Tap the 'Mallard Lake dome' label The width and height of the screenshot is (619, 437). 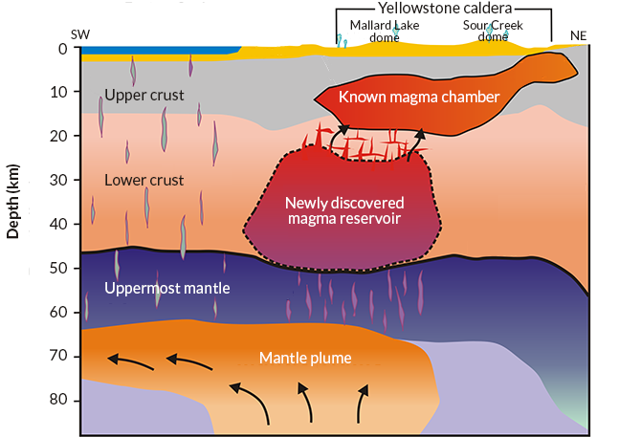(370, 31)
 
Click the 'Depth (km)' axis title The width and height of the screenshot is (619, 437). (13, 205)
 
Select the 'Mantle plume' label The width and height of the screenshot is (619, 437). (305, 359)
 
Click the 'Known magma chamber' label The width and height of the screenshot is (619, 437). (419, 98)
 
